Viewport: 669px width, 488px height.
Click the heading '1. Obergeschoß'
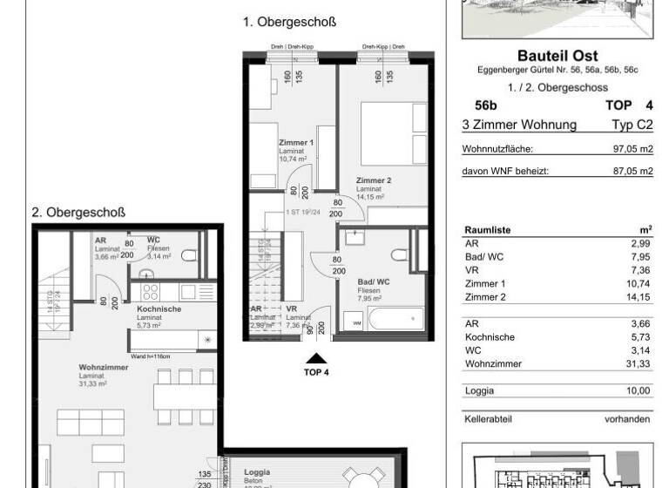289,22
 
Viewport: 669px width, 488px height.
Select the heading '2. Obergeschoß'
79,212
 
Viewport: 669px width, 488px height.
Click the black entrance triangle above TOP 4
315,356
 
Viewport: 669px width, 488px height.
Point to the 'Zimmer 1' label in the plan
296,142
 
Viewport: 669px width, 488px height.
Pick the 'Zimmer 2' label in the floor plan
374,180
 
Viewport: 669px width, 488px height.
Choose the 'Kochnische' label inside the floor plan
158,309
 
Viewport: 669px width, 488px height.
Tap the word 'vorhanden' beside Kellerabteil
629,419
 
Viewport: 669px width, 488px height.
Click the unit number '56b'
475,106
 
